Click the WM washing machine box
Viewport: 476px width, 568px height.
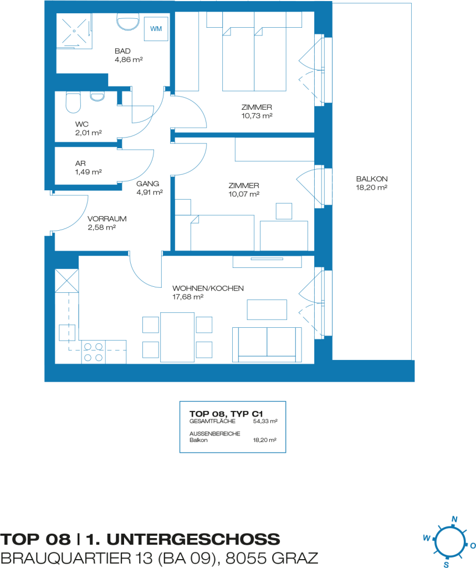click(156, 29)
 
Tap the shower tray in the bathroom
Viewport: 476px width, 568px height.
click(74, 31)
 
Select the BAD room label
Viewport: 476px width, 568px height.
click(122, 51)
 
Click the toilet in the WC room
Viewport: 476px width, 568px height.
click(73, 102)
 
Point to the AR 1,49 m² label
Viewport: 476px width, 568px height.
click(88, 168)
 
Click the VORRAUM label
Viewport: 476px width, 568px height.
click(107, 219)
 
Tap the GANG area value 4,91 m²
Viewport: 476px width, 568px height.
click(150, 192)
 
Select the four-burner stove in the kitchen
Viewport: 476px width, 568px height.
click(94, 352)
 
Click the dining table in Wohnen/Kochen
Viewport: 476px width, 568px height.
click(177, 337)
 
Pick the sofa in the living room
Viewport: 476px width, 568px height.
click(267, 345)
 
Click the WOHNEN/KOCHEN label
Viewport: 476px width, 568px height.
click(208, 288)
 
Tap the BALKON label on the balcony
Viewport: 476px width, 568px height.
click(372, 179)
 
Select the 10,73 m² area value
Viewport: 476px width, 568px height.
click(257, 116)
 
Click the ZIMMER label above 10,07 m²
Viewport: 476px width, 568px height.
click(244, 185)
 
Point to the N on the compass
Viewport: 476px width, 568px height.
click(454, 519)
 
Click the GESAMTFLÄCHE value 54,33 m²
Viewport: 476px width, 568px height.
click(265, 422)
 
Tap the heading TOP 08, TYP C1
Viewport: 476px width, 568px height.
click(226, 414)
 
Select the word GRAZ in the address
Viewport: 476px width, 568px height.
click(295, 558)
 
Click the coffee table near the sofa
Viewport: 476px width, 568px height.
click(267, 310)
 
